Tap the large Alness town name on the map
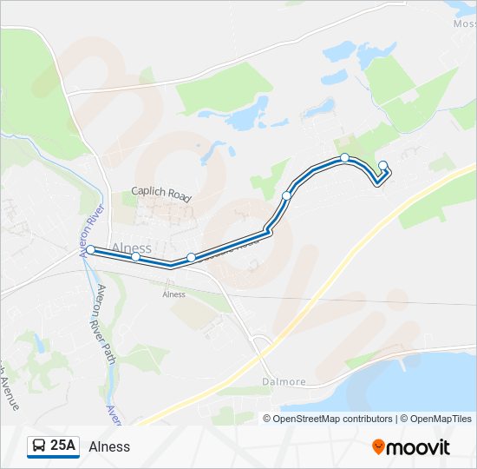coord(132,248)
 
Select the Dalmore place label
coord(284,381)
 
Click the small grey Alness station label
coord(173,294)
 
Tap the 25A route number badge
coord(62,446)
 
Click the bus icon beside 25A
coord(39,446)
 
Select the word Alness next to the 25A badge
coord(109,446)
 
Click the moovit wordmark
coord(418,446)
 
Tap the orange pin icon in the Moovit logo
coord(378,446)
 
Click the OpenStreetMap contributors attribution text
coord(328,419)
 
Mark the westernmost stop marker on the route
coord(90,250)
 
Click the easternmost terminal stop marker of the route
coord(383,165)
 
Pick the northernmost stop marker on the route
coord(345,157)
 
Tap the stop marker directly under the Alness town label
coord(135,256)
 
